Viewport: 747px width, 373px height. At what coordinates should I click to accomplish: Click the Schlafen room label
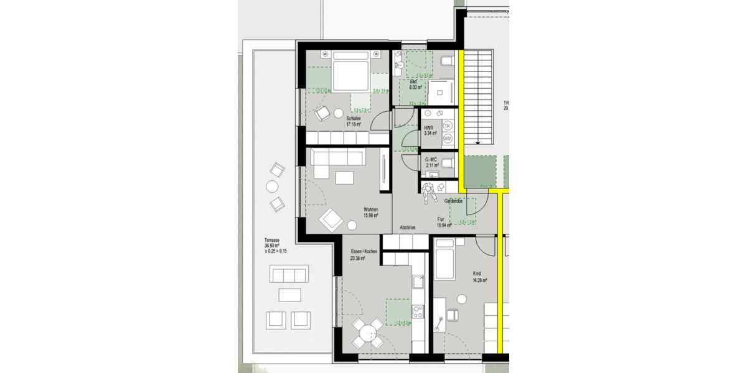point(354,121)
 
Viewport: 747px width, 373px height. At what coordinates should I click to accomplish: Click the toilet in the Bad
point(446,60)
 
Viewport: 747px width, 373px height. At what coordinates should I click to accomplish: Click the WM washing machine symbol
point(448,137)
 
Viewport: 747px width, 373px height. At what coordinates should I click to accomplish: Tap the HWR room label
point(430,130)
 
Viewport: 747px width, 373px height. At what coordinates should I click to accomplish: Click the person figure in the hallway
point(429,191)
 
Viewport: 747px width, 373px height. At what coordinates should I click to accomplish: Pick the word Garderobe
point(456,201)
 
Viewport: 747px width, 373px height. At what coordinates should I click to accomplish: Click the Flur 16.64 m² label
point(443,222)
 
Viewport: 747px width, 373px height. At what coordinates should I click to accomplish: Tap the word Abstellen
point(407,228)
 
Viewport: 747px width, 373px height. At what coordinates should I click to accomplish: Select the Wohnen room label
point(370,212)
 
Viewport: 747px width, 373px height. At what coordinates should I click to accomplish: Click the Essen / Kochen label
point(364,254)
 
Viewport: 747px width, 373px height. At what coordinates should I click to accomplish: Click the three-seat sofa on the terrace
point(289,274)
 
